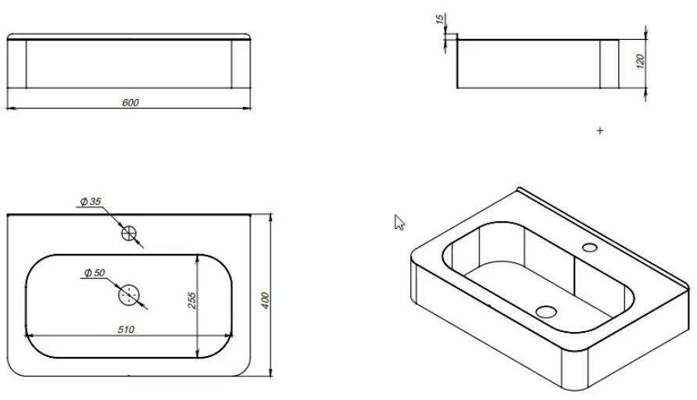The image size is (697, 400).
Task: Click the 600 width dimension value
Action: point(130,102)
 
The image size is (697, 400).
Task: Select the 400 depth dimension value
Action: point(265,301)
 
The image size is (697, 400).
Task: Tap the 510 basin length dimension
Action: point(126,330)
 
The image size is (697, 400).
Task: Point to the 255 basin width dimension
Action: point(191,300)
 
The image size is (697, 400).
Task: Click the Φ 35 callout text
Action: point(91,202)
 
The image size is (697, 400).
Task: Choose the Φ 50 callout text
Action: point(95,273)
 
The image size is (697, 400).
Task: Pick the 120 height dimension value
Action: point(640,61)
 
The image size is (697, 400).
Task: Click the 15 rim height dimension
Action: point(440,19)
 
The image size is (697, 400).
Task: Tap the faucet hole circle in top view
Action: point(129,233)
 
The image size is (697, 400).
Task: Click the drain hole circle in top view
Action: point(129,295)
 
